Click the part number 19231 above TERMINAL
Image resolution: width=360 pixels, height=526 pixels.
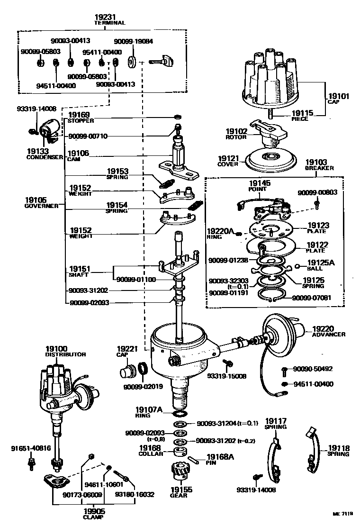click(x=109, y=17)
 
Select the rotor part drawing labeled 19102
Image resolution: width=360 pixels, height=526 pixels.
click(x=267, y=133)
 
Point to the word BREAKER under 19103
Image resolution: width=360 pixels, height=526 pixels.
click(x=319, y=168)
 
